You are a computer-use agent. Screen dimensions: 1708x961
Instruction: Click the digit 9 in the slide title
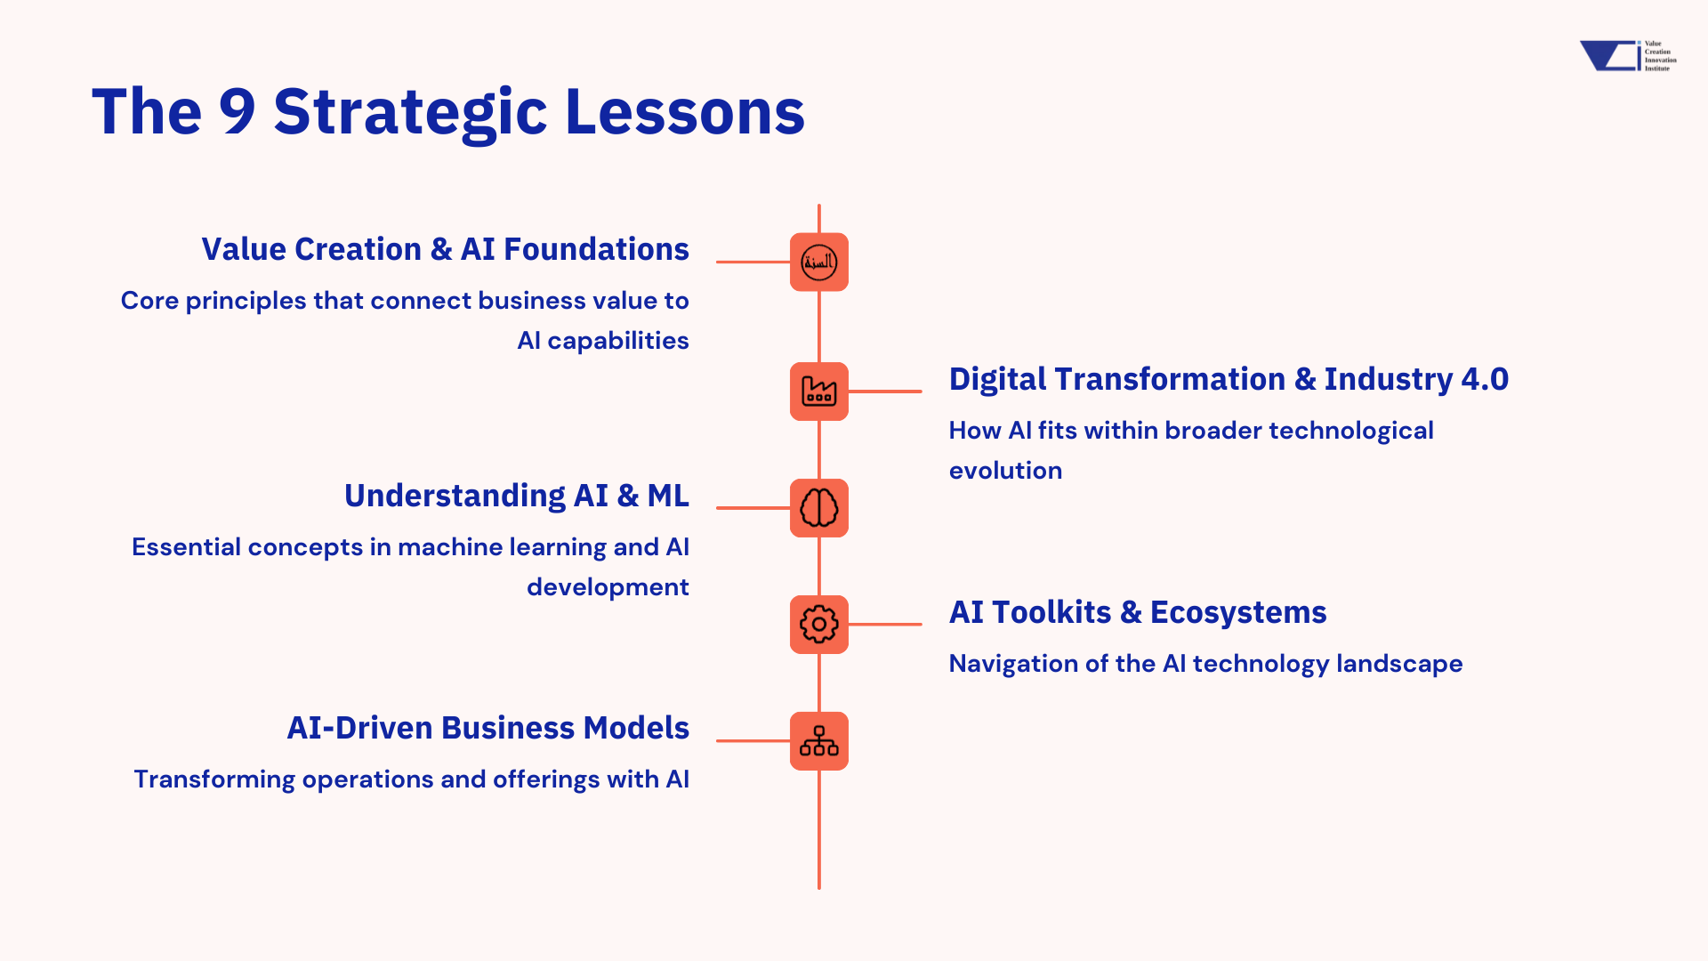[x=238, y=112]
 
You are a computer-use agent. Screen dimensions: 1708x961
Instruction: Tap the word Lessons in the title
[x=685, y=112]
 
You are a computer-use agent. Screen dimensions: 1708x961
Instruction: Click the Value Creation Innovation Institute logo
[x=1628, y=55]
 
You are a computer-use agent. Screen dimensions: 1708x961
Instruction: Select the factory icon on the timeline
[x=819, y=392]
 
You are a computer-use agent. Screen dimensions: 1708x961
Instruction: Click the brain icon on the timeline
[x=819, y=508]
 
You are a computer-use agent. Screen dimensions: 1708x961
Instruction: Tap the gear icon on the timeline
[x=819, y=625]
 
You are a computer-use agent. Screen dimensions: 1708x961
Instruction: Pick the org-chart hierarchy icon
[x=819, y=741]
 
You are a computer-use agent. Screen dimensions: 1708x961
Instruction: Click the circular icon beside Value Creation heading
[x=819, y=262]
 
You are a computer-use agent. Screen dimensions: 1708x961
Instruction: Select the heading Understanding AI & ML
[x=517, y=496]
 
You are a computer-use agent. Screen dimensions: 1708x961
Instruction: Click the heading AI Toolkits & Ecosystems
[x=1138, y=612]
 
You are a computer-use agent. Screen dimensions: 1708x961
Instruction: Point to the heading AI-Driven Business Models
[x=488, y=728]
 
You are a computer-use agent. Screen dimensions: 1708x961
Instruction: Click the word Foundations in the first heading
[x=596, y=249]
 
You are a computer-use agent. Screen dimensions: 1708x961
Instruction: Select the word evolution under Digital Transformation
[x=1005, y=471]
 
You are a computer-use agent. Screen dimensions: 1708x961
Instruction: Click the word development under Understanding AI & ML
[x=608, y=587]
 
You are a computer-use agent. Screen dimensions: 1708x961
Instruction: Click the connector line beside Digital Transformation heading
[x=885, y=392]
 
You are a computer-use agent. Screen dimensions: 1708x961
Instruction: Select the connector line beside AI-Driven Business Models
[x=753, y=740]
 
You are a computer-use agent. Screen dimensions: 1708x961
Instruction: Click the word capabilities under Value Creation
[x=618, y=341]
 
